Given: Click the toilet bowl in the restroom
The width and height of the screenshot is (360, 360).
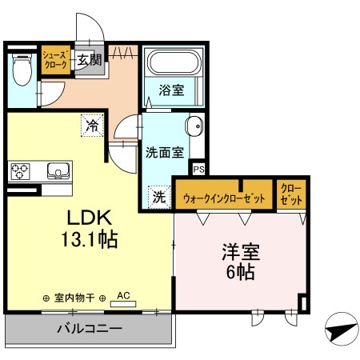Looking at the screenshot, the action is coord(22,70).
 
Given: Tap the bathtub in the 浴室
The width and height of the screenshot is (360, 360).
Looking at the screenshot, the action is coord(174,62).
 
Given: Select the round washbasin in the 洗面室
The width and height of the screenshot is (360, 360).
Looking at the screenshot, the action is coord(194,126).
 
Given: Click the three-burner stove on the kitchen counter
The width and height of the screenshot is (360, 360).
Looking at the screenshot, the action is coord(20,171).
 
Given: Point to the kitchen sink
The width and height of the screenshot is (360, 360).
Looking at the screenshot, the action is coord(58,170).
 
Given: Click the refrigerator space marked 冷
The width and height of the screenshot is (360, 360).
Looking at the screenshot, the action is coord(92,126).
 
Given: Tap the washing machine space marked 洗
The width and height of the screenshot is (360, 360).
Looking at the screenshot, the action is coord(159,197).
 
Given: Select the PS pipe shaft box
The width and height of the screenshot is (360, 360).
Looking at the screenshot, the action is coord(198,169).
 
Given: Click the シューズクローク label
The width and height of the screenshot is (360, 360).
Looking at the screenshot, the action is coord(55,60).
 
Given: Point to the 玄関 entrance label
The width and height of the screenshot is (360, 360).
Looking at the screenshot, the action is coord(89,60).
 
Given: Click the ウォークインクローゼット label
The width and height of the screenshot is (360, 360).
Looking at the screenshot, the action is coord(224,198).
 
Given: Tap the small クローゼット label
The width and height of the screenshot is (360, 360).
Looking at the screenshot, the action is coord(291,194).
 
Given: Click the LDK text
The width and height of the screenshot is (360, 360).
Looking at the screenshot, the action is coord(89,218).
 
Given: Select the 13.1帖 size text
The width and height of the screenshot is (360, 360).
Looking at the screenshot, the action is coord(90,239).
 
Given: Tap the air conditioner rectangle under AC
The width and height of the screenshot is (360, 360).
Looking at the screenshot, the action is coord(123,304).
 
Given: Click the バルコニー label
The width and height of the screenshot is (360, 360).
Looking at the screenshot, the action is coord(90,328).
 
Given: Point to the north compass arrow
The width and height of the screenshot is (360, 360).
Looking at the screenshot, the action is coord(342,330).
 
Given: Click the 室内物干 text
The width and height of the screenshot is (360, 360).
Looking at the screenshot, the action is coord(74,298).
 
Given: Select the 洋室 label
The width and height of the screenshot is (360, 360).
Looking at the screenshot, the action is coord(241,252).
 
